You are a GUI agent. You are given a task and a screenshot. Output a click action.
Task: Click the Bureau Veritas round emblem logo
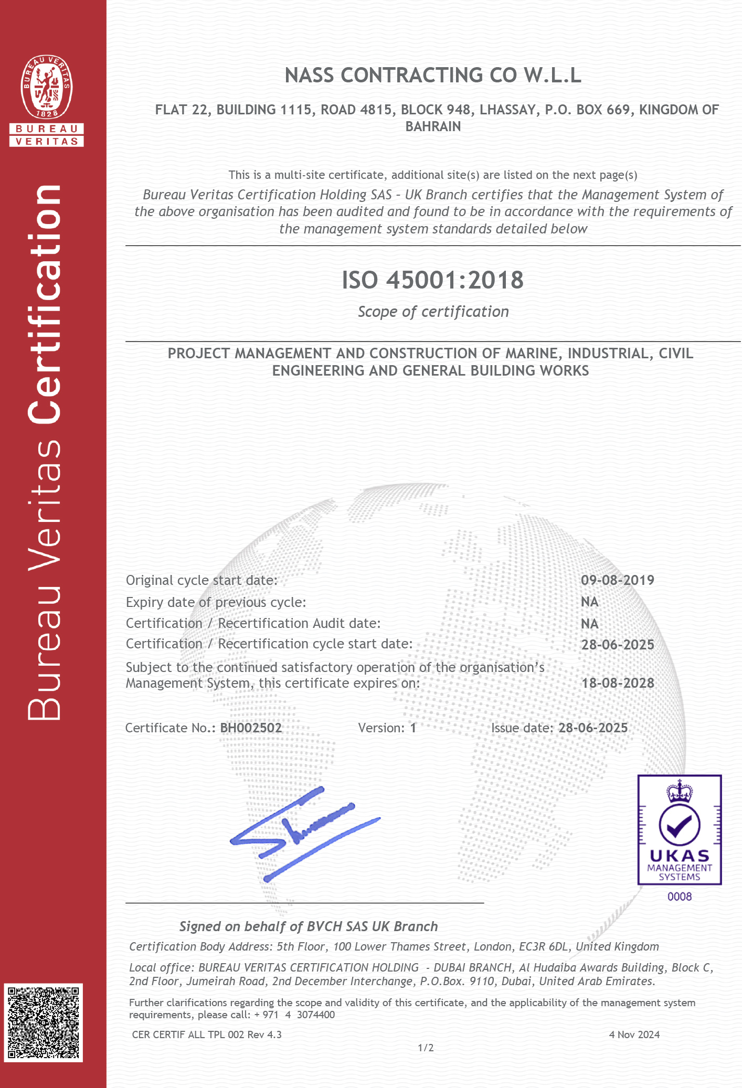tap(47, 87)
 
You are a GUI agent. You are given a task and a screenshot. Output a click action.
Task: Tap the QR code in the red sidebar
tap(44, 1023)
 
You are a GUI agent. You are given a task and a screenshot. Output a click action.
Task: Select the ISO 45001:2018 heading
tap(433, 280)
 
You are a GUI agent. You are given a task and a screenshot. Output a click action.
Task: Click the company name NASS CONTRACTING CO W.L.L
tap(433, 76)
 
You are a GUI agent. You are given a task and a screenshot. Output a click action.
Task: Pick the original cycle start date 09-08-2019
tap(618, 580)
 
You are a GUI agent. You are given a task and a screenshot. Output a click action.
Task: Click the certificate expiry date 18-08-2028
tap(618, 683)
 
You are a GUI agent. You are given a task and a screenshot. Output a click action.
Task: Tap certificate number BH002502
tap(251, 728)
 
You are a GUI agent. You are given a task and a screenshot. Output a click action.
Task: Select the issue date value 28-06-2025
tap(593, 728)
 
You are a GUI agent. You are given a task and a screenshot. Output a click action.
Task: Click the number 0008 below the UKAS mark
tap(680, 897)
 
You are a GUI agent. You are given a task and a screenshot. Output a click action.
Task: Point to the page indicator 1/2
tap(426, 1048)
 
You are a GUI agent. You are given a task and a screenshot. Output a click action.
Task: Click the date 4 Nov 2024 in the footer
tap(634, 1034)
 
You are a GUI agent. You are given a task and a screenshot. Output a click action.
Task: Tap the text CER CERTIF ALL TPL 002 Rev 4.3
tap(207, 1034)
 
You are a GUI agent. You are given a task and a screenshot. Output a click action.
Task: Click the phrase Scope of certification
tap(433, 312)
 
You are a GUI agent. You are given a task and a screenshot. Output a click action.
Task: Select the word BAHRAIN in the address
tap(433, 126)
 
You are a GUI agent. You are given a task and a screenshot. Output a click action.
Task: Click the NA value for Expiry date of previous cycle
tap(590, 602)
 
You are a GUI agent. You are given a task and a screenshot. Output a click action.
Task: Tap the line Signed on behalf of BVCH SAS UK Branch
tap(309, 926)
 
